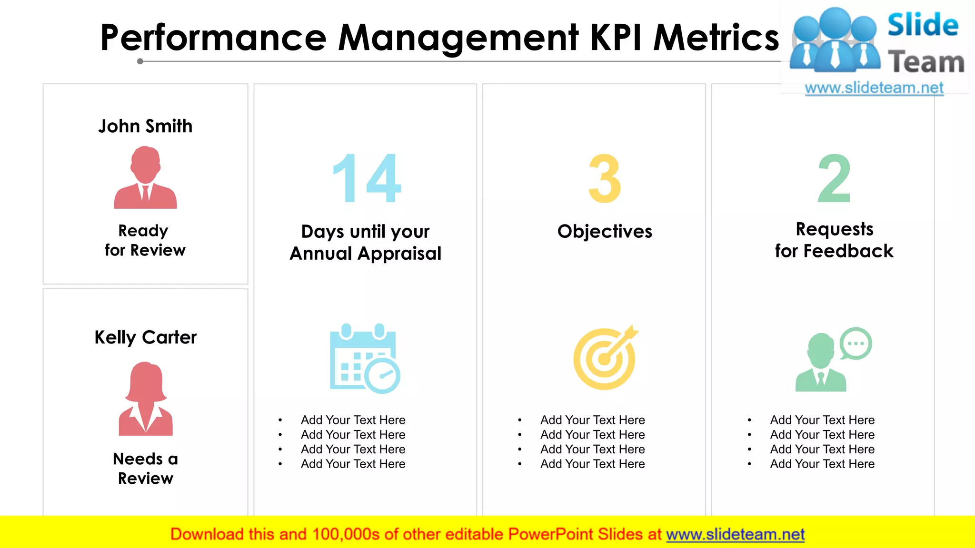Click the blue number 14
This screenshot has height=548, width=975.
pos(367,178)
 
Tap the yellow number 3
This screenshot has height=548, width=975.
pos(605,178)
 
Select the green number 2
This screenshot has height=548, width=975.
pos(834,178)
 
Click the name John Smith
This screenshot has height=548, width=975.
pos(145,126)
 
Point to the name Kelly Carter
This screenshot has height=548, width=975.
pos(145,337)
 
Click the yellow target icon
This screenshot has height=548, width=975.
pos(605,358)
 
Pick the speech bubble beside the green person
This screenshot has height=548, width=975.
pos(856,343)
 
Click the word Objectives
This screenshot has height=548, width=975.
pos(605,232)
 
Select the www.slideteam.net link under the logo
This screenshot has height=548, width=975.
pos(874,88)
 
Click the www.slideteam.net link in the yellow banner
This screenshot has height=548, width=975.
pos(735,534)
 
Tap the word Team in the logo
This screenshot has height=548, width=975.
pos(925,62)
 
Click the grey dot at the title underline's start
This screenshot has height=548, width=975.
pos(140,61)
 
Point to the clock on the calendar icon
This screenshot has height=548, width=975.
pos(382,376)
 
